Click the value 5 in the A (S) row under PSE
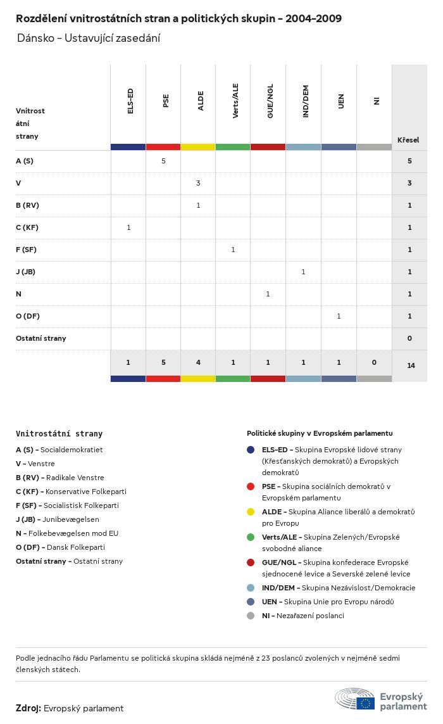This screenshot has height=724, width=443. pos(163,161)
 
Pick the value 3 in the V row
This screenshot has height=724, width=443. pos(198,183)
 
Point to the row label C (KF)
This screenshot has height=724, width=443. pos(27,227)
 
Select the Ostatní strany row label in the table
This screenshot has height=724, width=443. pos(41,338)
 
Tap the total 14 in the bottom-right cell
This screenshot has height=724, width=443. pos(411,365)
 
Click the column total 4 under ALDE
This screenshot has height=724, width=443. pos(198,362)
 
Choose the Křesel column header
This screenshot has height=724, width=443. pos(408,140)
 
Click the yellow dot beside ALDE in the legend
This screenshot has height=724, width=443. pos(251,512)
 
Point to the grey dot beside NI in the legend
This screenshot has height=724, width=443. pos(251,616)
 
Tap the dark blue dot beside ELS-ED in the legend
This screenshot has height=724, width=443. pos(251,450)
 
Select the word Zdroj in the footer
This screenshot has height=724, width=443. pos(28,708)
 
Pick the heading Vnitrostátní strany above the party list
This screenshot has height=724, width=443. pos(59,434)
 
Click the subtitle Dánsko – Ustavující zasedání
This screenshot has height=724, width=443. pos(89,38)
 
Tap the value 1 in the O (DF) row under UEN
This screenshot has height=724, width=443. pos(339,316)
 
